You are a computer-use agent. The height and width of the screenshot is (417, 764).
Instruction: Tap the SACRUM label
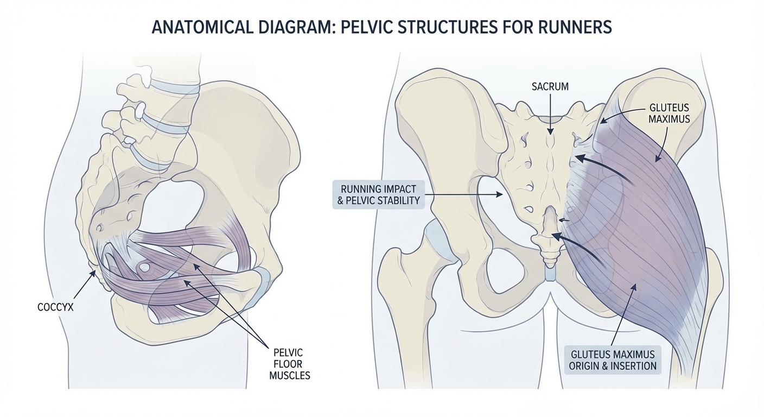(550, 86)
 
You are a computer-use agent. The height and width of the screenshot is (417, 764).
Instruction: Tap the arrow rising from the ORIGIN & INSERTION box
(626, 315)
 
